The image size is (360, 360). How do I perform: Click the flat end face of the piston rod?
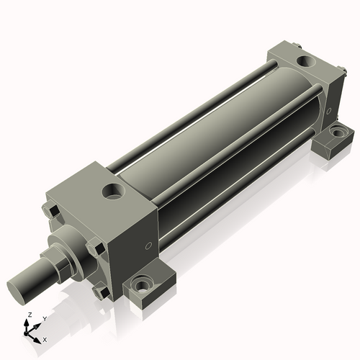coord(17,292)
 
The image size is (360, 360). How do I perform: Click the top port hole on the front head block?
coord(114,192)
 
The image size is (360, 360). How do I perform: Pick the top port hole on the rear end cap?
coord(306,61)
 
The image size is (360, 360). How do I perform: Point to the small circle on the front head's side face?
coord(149,246)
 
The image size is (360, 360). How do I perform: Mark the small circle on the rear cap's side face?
coord(329,111)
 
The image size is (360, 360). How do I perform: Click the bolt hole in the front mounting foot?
coord(143,285)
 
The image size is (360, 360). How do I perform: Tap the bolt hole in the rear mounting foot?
coord(338,132)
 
